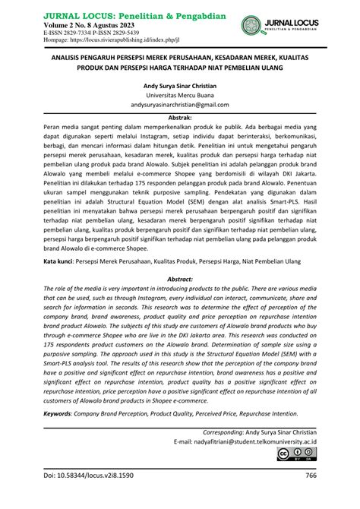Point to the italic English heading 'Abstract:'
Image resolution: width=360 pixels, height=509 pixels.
pos(179,278)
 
